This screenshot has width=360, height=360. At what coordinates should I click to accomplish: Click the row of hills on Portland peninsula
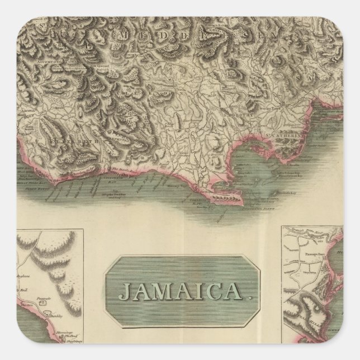[x=226, y=199]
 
